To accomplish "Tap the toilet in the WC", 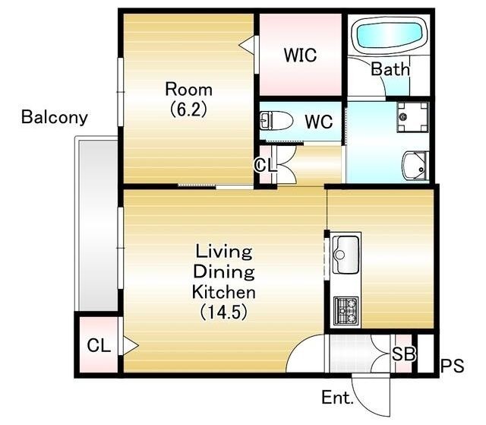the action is coord(276,120).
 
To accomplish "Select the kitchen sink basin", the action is coord(346,255).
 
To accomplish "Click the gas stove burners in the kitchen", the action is coord(346,310).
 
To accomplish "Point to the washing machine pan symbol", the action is coord(412,116).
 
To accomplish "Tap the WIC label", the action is coord(300,55).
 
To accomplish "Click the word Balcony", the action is coord(55,117).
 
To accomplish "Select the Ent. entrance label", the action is coord(337,397).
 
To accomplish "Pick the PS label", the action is coord(453,366).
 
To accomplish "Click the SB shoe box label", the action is coord(403,354).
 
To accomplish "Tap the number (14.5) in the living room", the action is coord(223,312).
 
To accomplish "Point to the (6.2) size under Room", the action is coord(189,109).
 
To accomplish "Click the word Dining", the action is coord(224,272).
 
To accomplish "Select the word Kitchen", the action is coord(224,292).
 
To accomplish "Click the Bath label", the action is coord(390,69).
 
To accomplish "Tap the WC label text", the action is coord(319,122).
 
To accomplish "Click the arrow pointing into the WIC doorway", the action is coord(247,46).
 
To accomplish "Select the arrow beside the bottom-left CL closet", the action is coord(130,345).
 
